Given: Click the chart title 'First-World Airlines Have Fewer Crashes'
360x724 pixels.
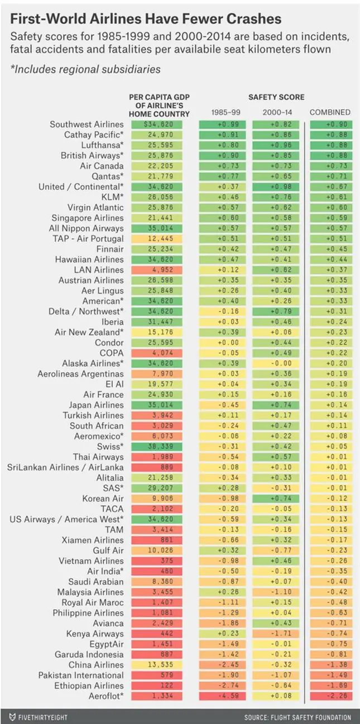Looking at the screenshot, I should tap(146, 19).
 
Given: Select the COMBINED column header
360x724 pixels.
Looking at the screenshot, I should tap(330, 112).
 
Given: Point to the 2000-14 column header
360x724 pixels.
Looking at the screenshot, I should tap(277, 112).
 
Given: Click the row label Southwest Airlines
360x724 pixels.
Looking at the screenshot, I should tap(87, 124).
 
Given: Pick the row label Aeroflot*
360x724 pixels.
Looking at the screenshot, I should tap(106, 696).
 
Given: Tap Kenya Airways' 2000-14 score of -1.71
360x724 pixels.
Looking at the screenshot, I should tap(277, 634).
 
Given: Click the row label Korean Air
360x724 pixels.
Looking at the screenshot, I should tap(103, 498).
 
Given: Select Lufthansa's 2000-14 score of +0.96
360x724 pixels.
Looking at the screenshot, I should tap(277, 145).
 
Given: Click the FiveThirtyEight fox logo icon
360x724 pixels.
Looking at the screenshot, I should tap(12, 717).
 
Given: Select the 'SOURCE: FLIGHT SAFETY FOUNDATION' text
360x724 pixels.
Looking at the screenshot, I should tap(297, 717).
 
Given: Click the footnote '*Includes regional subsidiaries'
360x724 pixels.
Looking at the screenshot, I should tap(85, 70).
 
